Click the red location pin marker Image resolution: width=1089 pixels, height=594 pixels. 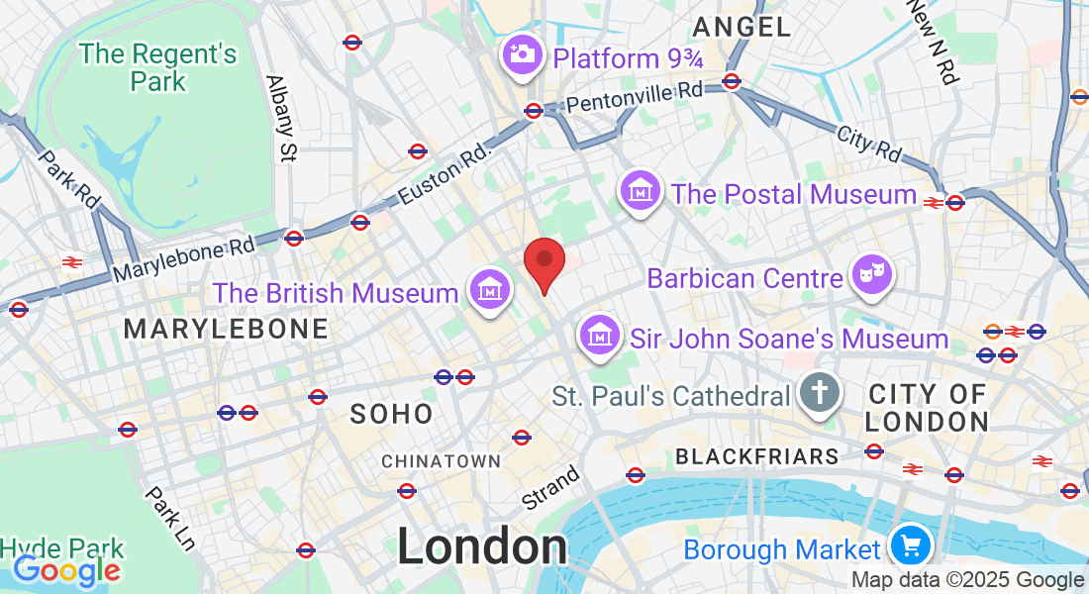[x=544, y=263]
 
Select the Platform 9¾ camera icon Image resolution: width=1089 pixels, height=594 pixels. [x=522, y=55]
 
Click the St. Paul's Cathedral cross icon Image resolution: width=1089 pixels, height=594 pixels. [x=821, y=394]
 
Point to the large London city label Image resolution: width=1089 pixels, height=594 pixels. [x=482, y=547]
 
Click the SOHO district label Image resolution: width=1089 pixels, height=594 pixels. [x=392, y=414]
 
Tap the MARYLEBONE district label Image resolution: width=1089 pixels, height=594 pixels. [x=226, y=329]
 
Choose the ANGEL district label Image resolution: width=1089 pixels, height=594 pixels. [x=742, y=27]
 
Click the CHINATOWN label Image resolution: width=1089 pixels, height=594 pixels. [x=442, y=461]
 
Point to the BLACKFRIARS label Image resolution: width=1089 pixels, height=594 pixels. [x=757, y=456]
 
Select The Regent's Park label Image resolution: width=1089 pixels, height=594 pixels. [x=158, y=66]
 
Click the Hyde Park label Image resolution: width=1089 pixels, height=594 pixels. [x=62, y=547]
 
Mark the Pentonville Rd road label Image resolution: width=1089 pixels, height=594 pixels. [x=635, y=96]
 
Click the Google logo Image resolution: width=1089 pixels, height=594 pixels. [x=66, y=570]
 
